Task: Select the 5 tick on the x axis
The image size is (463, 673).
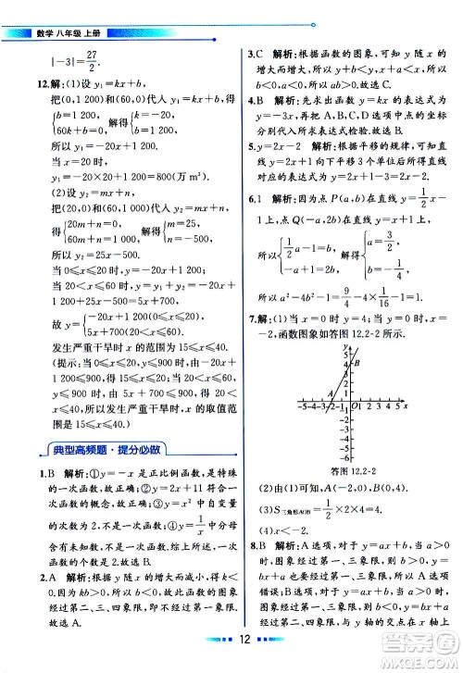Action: [x=395, y=405]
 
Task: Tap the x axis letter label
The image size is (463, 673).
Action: [x=407, y=405]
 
